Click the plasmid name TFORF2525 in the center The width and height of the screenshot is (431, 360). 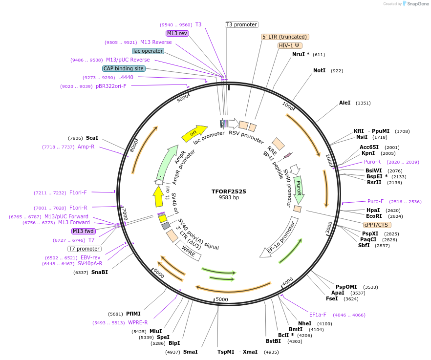(229, 191)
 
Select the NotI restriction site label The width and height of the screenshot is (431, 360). (319, 71)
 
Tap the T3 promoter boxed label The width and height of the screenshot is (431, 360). (241, 24)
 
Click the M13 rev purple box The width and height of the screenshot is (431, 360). (177, 33)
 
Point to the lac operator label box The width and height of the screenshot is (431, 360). (148, 51)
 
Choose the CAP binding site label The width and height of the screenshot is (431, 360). (124, 68)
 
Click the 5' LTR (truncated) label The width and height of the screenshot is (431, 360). (285, 37)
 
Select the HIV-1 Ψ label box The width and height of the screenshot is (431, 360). (289, 45)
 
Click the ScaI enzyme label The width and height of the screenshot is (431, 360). (92, 138)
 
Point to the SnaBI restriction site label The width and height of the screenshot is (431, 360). (99, 272)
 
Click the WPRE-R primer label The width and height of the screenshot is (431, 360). (138, 322)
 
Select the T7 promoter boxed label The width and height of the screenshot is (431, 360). (85, 249)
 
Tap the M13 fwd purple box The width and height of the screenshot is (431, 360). (84, 231)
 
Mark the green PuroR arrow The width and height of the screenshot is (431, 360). (299, 190)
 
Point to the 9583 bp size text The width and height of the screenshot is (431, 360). (229, 198)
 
